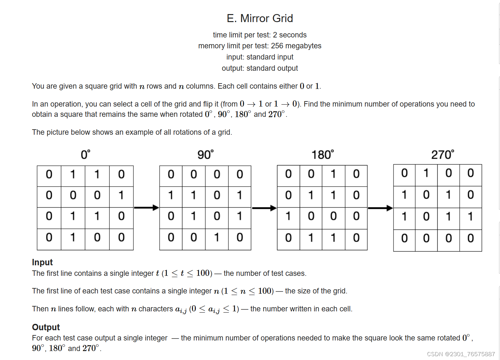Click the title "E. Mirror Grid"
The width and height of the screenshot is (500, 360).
click(x=260, y=19)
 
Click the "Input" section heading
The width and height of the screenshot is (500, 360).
click(x=42, y=262)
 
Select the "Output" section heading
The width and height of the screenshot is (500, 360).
click(x=46, y=327)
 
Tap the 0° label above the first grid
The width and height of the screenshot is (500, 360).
click(x=85, y=155)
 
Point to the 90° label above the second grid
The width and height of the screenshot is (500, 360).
click(x=205, y=155)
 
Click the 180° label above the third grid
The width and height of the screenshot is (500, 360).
click(x=322, y=155)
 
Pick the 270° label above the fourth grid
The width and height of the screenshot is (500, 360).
click(x=442, y=155)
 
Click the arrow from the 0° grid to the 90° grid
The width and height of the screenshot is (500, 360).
click(x=147, y=208)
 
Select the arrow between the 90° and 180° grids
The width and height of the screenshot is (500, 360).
click(x=264, y=208)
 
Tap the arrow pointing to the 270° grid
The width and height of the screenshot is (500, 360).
click(x=380, y=208)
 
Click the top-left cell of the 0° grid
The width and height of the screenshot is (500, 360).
click(x=49, y=175)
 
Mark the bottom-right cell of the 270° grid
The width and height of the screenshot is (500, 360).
click(x=471, y=238)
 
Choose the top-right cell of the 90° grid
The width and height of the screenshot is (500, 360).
click(x=240, y=175)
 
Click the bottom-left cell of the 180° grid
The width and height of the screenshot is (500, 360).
click(x=288, y=238)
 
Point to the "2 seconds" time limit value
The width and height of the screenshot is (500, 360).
click(x=290, y=35)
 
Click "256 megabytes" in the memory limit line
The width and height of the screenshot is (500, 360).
click(x=296, y=46)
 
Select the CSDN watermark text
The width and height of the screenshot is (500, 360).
click(x=461, y=354)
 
